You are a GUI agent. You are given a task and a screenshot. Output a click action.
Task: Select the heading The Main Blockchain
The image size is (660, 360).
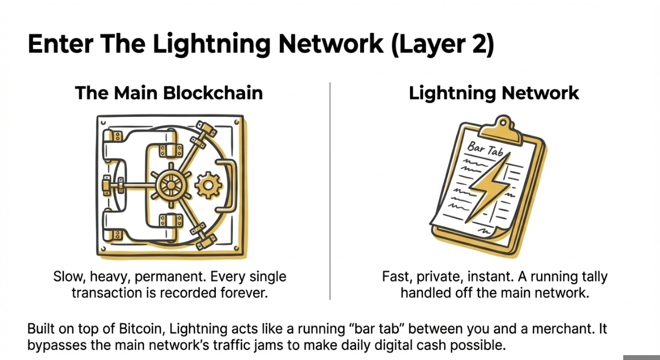(x=169, y=93)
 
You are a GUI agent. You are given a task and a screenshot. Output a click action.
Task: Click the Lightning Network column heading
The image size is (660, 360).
(x=494, y=93)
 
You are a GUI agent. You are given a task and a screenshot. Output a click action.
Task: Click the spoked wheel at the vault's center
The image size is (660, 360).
(x=170, y=185)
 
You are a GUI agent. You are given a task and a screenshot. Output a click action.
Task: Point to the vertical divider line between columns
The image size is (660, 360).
(x=330, y=189)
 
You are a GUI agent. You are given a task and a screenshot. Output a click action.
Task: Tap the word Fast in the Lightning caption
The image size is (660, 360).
(x=394, y=277)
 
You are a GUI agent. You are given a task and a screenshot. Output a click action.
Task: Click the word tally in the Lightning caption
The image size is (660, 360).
(x=592, y=277)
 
